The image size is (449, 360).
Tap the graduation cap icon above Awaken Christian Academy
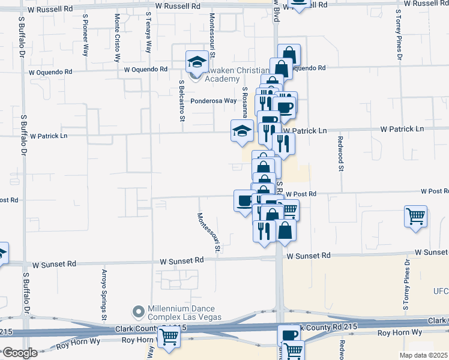click(x=196, y=61)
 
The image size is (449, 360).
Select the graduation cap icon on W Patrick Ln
click(x=241, y=131)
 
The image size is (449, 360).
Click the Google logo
click(x=20, y=353)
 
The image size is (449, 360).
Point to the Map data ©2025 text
click(x=423, y=355)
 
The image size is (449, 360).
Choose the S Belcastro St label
click(x=181, y=100)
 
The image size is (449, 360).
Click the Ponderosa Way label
click(x=214, y=101)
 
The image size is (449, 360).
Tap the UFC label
click(x=441, y=290)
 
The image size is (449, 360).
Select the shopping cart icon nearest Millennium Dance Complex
click(x=169, y=337)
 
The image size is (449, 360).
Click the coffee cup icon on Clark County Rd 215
click(x=289, y=335)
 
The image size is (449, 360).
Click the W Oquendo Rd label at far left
click(x=52, y=72)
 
